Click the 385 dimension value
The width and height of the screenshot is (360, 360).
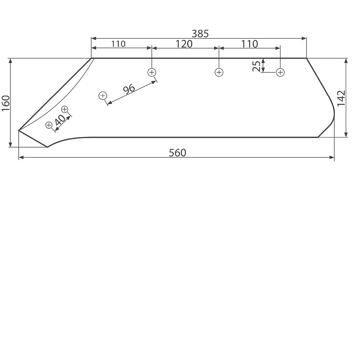(x=200, y=34)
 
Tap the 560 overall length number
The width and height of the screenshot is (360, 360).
(x=177, y=153)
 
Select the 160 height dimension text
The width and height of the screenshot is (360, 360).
(x=6, y=103)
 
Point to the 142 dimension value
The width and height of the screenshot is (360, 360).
(x=342, y=98)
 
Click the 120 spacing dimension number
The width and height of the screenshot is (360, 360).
(x=184, y=44)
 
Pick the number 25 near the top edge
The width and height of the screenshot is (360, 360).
(x=256, y=66)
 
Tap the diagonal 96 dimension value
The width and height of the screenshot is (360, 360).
(x=129, y=89)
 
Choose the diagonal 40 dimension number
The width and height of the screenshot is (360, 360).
(x=60, y=120)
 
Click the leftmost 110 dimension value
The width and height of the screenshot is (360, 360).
(x=118, y=44)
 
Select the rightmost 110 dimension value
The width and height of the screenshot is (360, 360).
(x=250, y=44)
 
